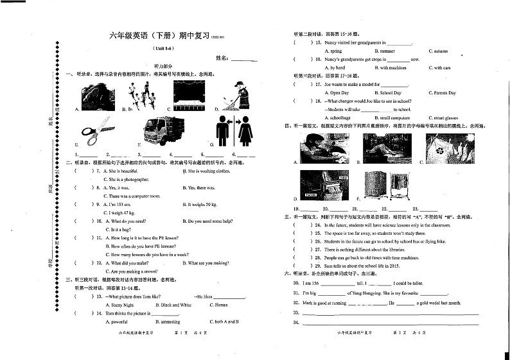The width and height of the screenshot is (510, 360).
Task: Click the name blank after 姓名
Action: point(243,60)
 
